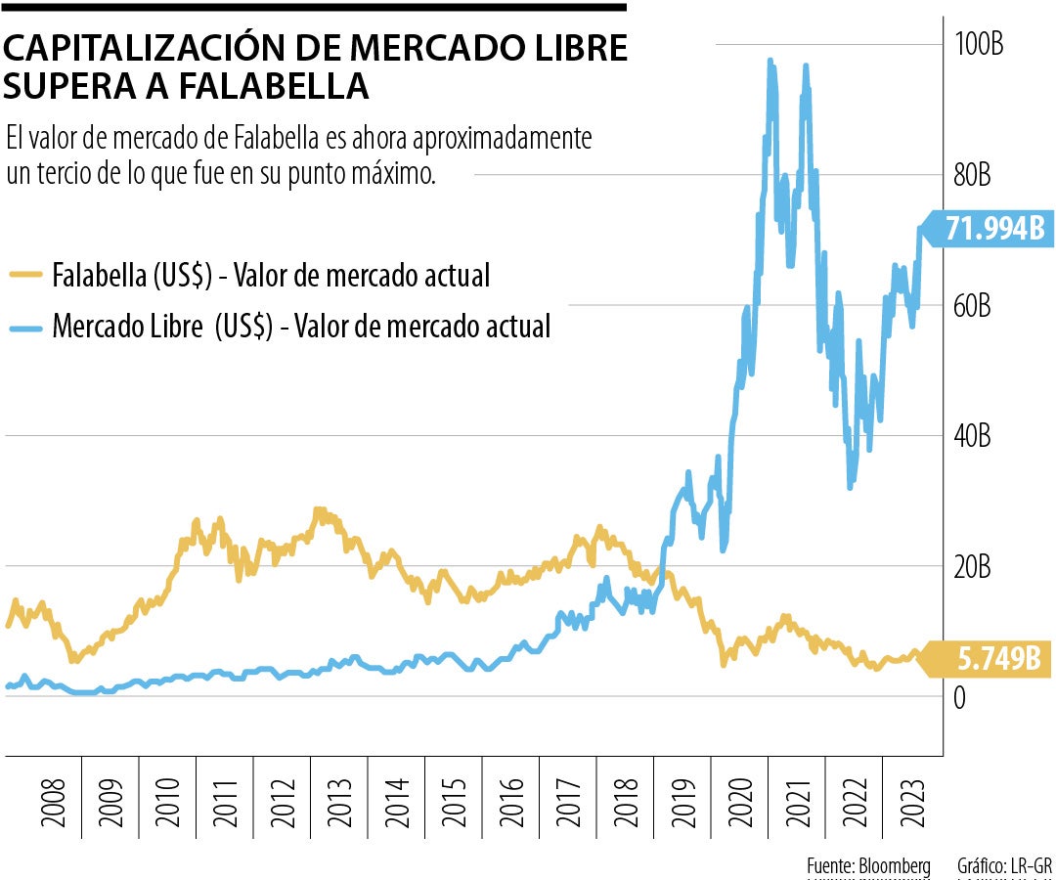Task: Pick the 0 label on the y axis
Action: [959, 697]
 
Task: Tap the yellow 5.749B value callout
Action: [990, 660]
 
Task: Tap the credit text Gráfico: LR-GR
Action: [998, 866]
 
